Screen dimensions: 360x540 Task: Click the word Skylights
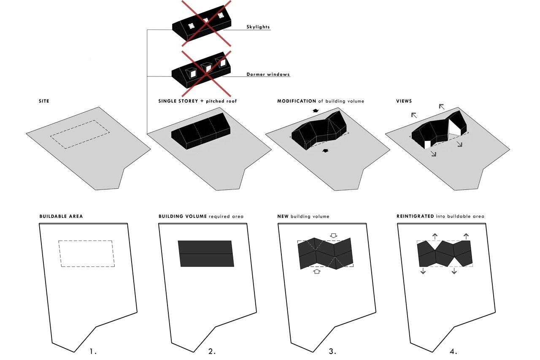(x=258, y=27)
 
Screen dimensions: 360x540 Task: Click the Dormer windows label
(x=268, y=75)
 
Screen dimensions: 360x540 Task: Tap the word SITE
(x=43, y=101)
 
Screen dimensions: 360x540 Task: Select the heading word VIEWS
(x=404, y=101)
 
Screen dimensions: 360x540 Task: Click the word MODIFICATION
(x=296, y=101)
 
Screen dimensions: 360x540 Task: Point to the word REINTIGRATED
(x=415, y=216)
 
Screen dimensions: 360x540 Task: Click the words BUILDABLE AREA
(x=61, y=216)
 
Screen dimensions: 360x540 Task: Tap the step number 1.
(x=94, y=351)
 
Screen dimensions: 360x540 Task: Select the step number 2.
(x=212, y=351)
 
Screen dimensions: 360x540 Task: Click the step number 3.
(x=332, y=351)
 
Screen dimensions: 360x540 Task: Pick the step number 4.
(x=453, y=351)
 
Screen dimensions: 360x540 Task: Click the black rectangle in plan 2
(x=206, y=254)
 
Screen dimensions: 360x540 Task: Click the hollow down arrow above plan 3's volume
(x=333, y=235)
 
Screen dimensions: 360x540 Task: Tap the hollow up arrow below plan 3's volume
(x=317, y=272)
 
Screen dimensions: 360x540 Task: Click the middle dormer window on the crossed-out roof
(x=206, y=68)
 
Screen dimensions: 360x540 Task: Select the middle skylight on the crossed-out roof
(x=205, y=21)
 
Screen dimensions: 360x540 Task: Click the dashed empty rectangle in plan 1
(x=87, y=254)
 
